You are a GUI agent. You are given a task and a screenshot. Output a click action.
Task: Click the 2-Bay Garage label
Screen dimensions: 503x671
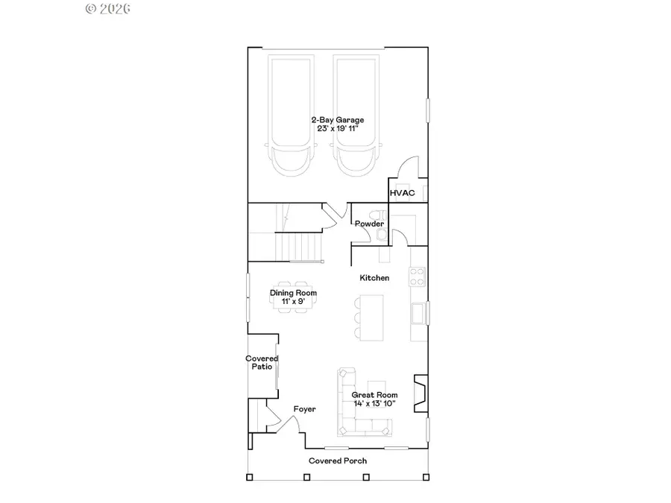pos(338,119)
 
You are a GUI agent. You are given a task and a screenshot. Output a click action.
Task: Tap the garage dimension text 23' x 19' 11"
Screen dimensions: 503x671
pos(338,128)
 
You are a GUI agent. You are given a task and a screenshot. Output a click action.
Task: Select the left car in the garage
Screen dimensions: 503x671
pos(292,116)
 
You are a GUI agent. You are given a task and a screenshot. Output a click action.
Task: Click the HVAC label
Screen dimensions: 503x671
pos(402,193)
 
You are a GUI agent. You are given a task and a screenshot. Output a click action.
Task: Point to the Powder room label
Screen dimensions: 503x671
pos(369,224)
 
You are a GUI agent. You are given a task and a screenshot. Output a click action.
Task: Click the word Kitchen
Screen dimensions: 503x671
pos(374,278)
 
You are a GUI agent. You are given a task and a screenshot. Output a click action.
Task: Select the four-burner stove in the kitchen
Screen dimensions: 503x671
pos(417,276)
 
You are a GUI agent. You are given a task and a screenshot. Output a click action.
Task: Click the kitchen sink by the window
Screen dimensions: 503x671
pos(418,314)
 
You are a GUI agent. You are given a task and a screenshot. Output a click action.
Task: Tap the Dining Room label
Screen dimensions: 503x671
pos(293,293)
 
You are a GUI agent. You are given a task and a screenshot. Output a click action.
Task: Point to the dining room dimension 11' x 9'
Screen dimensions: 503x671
pos(293,301)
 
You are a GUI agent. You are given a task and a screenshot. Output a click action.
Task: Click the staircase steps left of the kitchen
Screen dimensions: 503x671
pos(300,246)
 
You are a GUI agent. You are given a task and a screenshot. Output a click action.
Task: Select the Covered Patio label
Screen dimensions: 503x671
pos(262,363)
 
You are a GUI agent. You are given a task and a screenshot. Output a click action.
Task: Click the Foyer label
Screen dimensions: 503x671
pos(304,409)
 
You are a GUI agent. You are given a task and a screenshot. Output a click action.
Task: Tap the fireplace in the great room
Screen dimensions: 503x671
pos(421,393)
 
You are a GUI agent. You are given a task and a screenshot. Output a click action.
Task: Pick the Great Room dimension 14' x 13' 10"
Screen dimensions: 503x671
pos(374,403)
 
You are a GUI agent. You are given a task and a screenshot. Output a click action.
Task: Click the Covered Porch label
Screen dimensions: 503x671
pos(338,461)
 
